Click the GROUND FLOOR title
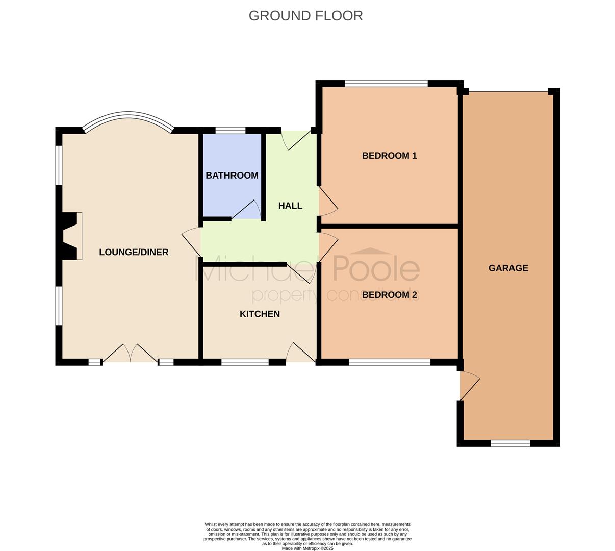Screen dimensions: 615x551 305,16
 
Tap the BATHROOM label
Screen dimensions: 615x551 232,176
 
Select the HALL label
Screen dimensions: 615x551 290,206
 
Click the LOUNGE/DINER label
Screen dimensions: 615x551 134,252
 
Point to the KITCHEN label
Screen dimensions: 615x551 260,314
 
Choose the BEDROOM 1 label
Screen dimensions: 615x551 390,156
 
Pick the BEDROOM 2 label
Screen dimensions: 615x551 390,295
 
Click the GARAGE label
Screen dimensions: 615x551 508,268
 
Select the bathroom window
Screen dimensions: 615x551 230,131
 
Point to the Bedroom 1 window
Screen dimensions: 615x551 386,84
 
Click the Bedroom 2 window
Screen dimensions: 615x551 390,362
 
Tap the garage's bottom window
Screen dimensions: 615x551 510,443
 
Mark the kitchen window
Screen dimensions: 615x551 245,362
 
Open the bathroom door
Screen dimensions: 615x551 246,210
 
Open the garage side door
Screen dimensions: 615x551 469,386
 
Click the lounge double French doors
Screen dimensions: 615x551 131,354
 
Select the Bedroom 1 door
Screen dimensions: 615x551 328,201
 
